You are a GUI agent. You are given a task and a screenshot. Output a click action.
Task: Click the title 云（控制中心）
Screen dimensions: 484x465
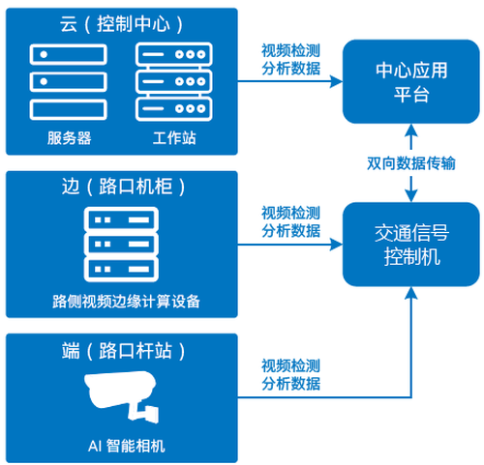[121, 24]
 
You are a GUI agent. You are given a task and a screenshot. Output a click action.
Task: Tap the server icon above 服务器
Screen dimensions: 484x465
[69, 82]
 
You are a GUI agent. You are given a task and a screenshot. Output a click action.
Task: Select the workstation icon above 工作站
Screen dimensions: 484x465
[174, 82]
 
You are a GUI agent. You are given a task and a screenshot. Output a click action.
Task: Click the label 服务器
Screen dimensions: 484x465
[69, 138]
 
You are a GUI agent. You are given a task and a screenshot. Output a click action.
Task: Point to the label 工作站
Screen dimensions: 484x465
[174, 138]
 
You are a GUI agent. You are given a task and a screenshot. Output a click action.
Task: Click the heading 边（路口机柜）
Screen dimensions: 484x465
[123, 187]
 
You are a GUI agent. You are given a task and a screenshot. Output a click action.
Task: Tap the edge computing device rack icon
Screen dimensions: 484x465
[121, 245]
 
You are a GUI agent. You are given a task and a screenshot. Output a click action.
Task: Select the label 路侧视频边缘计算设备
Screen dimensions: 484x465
[126, 302]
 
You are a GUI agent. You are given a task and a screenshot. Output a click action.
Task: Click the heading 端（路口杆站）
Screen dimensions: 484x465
[123, 351]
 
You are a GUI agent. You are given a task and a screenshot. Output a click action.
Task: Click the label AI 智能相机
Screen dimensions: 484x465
[126, 446]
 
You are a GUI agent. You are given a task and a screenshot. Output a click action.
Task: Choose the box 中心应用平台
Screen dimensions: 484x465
[411, 81]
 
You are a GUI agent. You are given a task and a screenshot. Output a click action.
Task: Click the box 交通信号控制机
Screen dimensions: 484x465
[411, 245]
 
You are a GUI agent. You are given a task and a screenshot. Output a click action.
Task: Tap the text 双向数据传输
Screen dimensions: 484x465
[411, 163]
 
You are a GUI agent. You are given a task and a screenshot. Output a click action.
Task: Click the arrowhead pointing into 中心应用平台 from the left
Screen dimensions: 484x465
[336, 81]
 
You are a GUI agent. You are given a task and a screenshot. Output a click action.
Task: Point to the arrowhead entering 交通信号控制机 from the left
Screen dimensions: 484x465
[336, 245]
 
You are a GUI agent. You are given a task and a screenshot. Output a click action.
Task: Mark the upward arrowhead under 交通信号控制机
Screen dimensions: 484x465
[411, 293]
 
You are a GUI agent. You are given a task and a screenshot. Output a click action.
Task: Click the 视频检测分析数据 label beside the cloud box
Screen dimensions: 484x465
[290, 60]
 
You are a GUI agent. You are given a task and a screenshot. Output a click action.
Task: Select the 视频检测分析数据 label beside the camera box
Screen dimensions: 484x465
[290, 375]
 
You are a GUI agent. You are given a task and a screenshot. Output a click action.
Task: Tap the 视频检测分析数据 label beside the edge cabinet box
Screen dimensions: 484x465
[290, 222]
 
